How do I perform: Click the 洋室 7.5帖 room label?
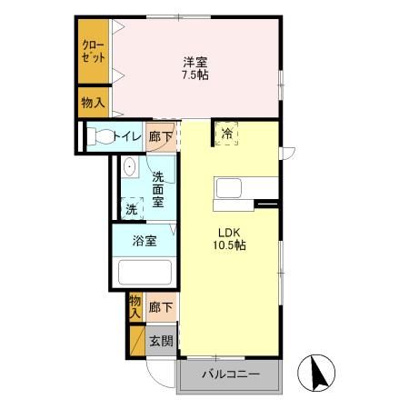click(195, 69)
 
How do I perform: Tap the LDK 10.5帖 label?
click(228, 238)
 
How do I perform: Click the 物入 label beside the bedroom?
click(93, 103)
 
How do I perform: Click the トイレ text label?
click(128, 137)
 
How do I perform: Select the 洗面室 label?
click(158, 190)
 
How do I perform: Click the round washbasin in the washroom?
click(130, 167)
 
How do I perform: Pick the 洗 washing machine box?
click(133, 208)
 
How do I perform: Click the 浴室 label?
click(144, 241)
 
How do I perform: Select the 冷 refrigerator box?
click(226, 133)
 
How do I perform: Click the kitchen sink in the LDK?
click(228, 189)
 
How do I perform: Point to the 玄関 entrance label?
click(161, 341)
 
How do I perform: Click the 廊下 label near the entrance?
click(159, 308)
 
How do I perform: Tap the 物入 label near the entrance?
click(135, 305)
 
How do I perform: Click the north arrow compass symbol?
click(320, 370)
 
